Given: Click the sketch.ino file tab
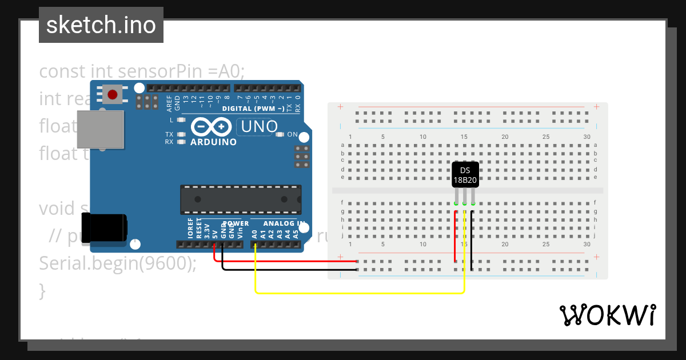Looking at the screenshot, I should click(x=101, y=25).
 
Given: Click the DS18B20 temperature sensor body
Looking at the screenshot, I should click(x=465, y=175).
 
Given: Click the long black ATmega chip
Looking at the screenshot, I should click(x=241, y=199).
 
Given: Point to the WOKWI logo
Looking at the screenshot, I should click(x=607, y=315).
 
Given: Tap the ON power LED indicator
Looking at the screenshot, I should click(x=280, y=135).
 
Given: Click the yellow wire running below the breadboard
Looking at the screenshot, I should click(x=360, y=293).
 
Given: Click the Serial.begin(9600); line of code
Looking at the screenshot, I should click(x=117, y=263).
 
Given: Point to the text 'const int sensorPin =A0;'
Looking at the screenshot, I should click(x=142, y=71).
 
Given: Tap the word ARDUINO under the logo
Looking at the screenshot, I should click(x=213, y=142).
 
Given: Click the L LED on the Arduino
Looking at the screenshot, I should click(x=181, y=120).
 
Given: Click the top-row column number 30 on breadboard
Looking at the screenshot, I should click(x=587, y=137).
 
